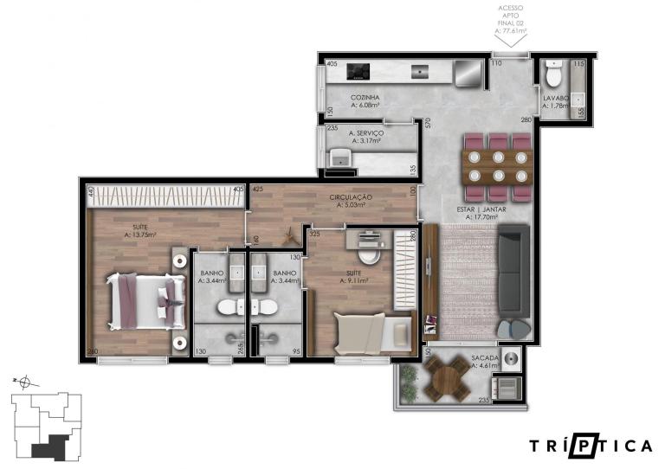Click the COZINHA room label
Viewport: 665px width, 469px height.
click(365, 98)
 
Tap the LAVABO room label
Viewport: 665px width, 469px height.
click(555, 99)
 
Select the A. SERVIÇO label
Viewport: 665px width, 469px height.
click(366, 134)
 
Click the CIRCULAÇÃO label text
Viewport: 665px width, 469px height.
click(351, 197)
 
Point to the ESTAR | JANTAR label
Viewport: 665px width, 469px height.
click(481, 209)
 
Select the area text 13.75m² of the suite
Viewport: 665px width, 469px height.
click(139, 234)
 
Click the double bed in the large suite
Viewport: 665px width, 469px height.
click(141, 301)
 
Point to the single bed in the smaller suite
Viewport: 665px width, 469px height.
click(372, 331)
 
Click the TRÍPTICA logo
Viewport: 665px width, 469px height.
click(591, 446)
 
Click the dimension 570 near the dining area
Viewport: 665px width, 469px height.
click(427, 123)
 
